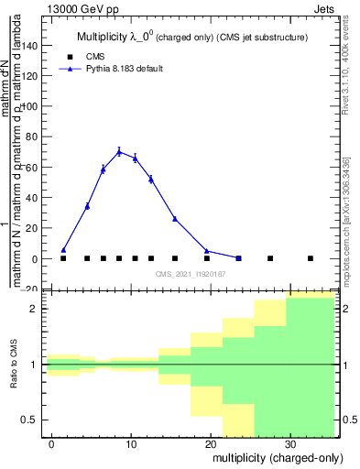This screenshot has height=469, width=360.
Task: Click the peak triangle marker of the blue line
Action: pyautogui.click(x=119, y=152)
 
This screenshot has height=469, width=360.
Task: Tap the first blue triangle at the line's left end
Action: pyautogui.click(x=63, y=249)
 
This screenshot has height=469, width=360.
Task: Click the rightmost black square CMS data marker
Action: pyautogui.click(x=311, y=258)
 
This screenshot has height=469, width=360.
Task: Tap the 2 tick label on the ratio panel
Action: pyautogui.click(x=34, y=309)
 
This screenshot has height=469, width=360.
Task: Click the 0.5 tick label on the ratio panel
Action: pyautogui.click(x=31, y=420)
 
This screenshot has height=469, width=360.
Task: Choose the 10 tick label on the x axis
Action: pyautogui.click(x=131, y=443)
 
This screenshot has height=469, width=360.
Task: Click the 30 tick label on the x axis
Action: pyautogui.click(x=290, y=443)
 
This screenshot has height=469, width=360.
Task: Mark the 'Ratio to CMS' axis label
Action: pyautogui.click(x=14, y=365)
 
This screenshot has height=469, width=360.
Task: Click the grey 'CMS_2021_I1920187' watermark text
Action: pyautogui.click(x=190, y=274)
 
